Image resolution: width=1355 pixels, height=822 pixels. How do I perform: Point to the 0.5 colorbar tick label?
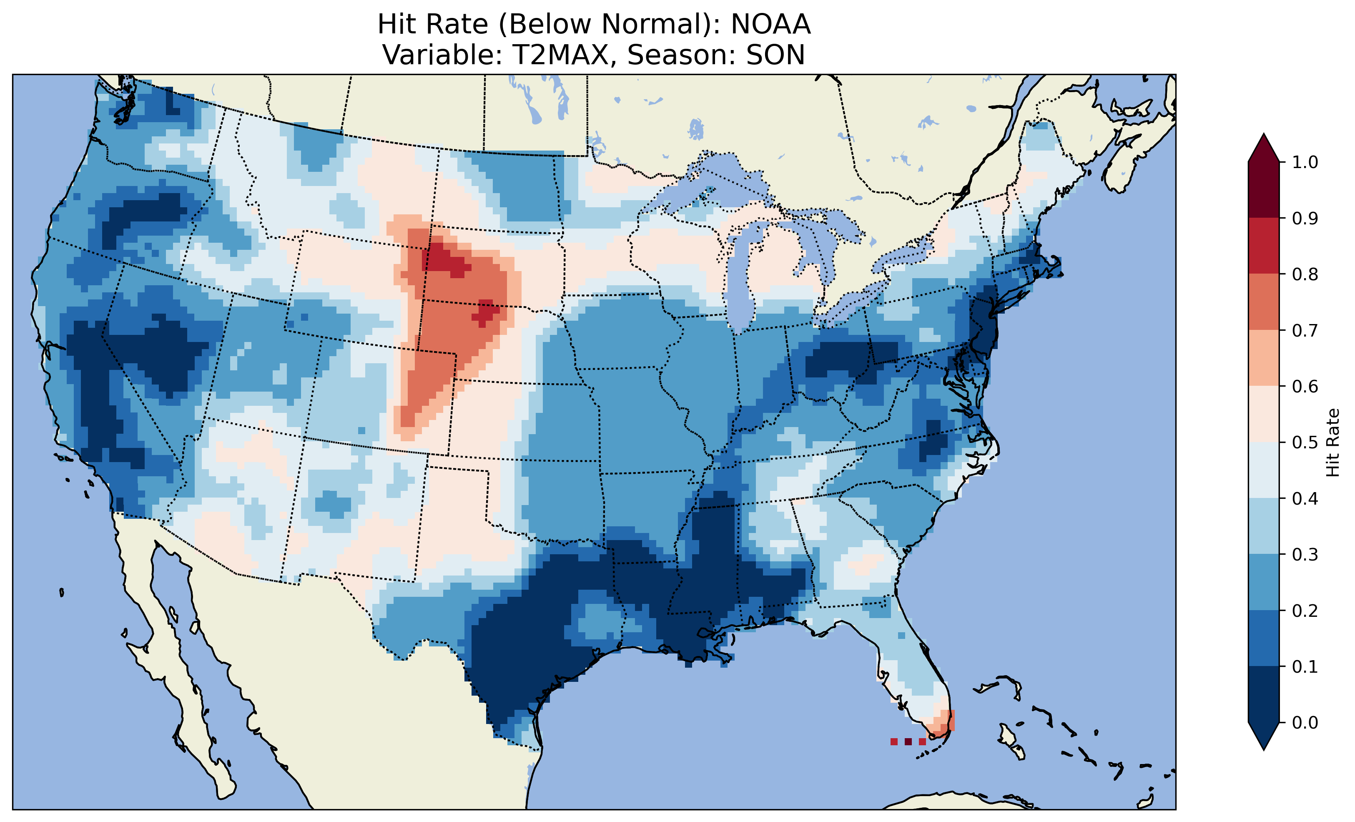1305,442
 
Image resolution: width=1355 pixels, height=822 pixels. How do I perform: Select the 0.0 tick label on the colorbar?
1305,722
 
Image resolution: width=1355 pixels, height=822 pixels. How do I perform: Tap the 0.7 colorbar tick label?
1305,330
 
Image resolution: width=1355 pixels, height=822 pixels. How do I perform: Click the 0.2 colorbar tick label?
1305,610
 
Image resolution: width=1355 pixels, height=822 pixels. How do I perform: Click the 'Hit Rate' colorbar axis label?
1332,442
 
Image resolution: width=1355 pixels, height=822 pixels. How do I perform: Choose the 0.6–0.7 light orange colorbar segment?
1264,358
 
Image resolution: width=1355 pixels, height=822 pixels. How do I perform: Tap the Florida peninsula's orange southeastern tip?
945,725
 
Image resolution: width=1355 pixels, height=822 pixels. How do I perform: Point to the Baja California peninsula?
165,649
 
